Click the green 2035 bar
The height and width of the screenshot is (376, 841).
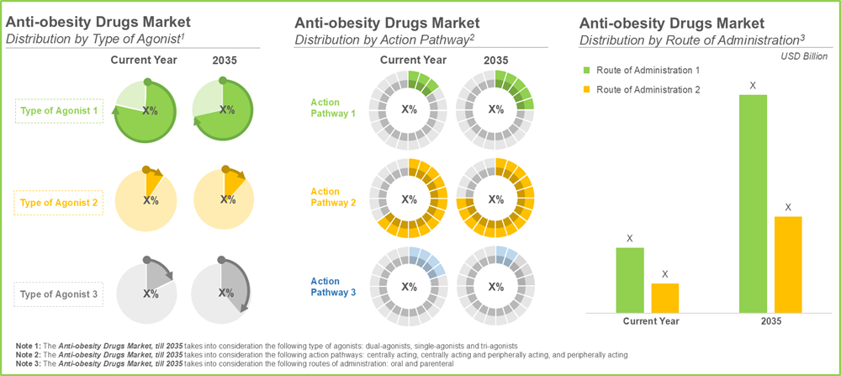[753, 202]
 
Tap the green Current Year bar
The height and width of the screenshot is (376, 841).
[629, 278]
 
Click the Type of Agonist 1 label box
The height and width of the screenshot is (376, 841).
[59, 111]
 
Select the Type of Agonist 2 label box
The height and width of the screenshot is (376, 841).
[59, 202]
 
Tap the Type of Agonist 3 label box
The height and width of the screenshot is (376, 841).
[59, 294]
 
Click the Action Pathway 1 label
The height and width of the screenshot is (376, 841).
[325, 108]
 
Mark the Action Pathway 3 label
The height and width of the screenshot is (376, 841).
[325, 287]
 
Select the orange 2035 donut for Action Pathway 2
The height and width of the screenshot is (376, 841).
[497, 200]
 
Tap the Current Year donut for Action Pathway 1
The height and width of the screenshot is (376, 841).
[409, 109]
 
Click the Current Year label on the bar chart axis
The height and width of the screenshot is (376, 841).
[651, 321]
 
